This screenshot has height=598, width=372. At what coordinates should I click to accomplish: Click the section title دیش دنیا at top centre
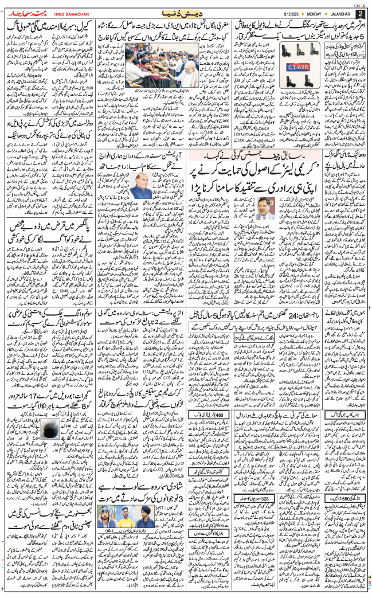[185, 12]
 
